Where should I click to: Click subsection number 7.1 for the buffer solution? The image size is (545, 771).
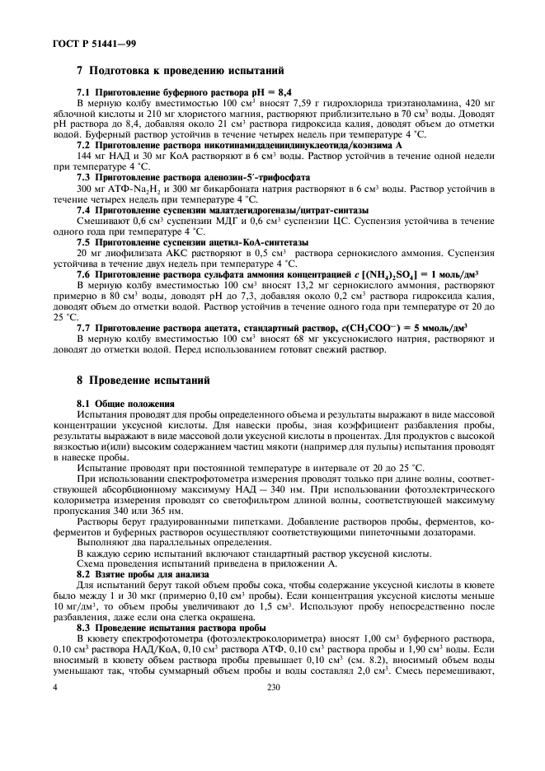84,96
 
